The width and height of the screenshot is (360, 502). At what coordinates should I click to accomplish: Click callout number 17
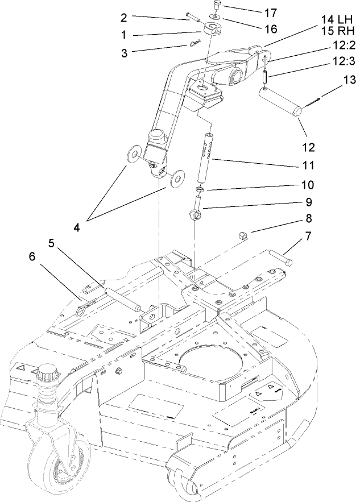(258, 11)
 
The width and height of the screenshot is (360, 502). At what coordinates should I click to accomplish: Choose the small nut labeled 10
(200, 189)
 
